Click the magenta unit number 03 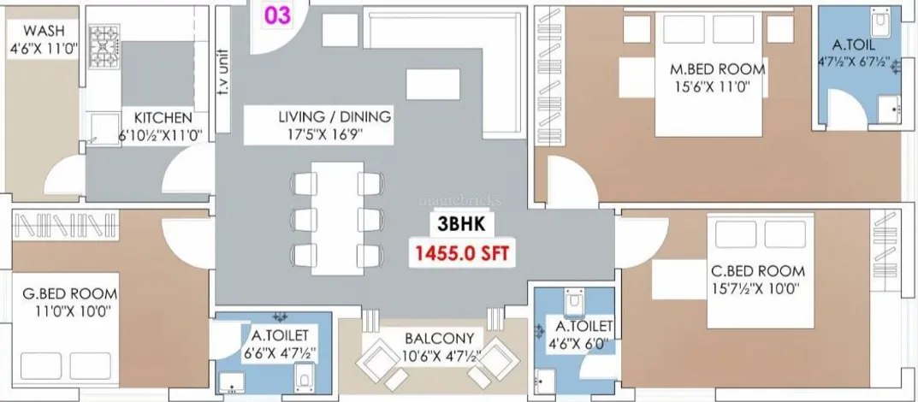pyautogui.click(x=277, y=15)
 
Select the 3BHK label pyautogui.click(x=462, y=223)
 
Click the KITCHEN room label pyautogui.click(x=163, y=118)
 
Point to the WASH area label pyautogui.click(x=44, y=31)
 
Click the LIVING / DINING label pyautogui.click(x=335, y=115)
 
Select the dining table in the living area pyautogui.click(x=337, y=217)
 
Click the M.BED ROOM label pyautogui.click(x=717, y=69)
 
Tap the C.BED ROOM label pyautogui.click(x=757, y=271)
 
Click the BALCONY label pyautogui.click(x=439, y=338)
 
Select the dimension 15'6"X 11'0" pyautogui.click(x=711, y=87)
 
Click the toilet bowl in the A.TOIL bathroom pyautogui.click(x=880, y=21)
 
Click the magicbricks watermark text pyautogui.click(x=459, y=200)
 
